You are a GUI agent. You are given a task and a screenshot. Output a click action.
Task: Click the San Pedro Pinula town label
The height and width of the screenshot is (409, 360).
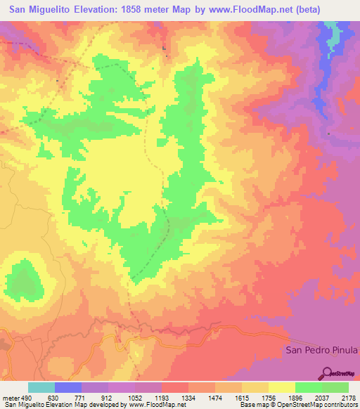321,350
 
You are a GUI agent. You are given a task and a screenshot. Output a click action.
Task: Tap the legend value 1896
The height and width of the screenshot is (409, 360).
296,398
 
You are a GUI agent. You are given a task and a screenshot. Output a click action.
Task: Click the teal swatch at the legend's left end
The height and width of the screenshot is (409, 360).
41,387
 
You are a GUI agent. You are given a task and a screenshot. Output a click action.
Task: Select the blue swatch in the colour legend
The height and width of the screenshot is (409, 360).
68,387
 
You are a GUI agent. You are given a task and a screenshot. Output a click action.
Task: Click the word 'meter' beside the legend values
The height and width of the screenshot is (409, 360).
10,398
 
